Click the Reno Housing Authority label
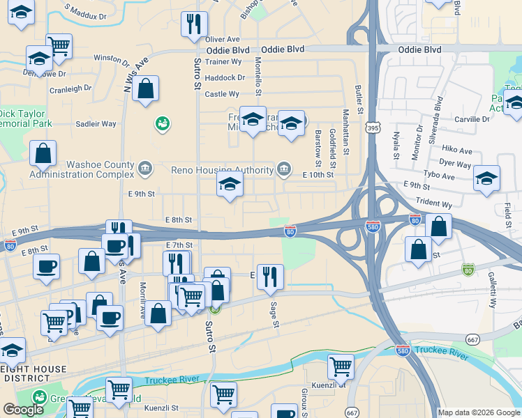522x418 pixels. pos(223,170)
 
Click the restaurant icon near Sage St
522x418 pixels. pos(270,277)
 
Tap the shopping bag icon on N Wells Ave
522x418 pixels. pos(145,89)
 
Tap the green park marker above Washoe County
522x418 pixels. pos(163,123)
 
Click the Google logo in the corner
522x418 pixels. pos(23,410)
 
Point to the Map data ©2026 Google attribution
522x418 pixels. pos(479,412)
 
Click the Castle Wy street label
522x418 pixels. pos(222,93)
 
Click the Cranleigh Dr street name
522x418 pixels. pos(70,88)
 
